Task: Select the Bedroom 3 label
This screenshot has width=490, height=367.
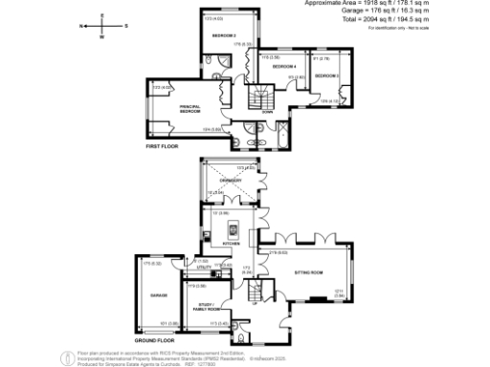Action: (x=328, y=75)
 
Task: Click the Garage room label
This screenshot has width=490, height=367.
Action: (x=160, y=294)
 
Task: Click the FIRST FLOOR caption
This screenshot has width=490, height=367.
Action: (x=163, y=146)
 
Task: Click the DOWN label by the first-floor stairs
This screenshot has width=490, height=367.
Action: (x=267, y=112)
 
